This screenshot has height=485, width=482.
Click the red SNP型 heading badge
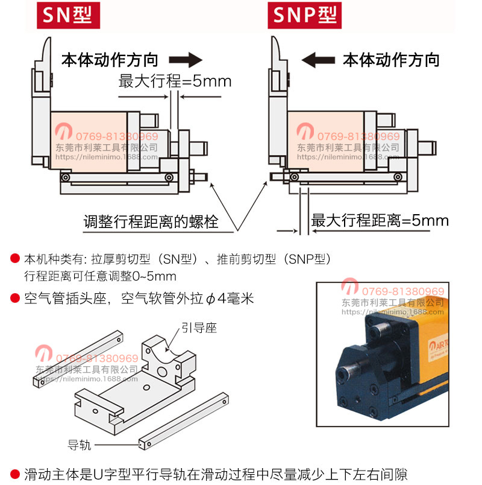coord(304,14)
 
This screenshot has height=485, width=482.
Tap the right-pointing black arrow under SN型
coord(184,60)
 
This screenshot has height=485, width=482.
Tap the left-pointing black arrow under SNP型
coord(318,60)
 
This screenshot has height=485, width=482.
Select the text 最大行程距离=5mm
coord(380,220)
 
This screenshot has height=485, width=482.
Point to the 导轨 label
coord(80,445)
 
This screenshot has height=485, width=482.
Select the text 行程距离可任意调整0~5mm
coord(100,277)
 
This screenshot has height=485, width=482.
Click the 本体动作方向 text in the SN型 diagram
coord(110,60)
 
